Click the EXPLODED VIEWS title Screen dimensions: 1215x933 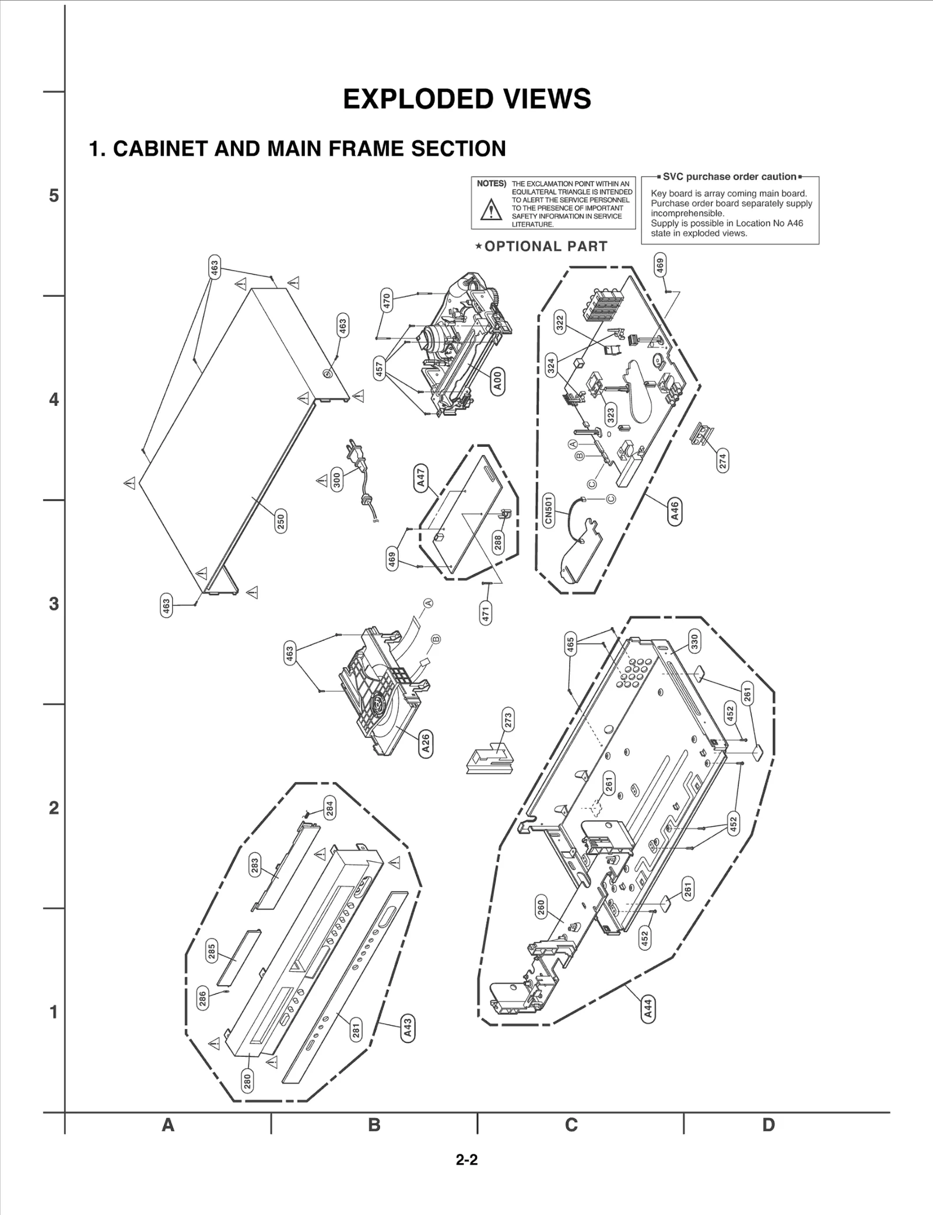coord(466,99)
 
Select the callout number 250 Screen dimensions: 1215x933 coord(281,520)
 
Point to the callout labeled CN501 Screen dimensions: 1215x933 coord(548,510)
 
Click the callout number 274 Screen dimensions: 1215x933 coord(722,461)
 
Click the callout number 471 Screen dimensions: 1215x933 coord(486,613)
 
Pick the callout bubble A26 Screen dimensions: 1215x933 coord(426,743)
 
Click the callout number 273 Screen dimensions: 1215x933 coord(508,720)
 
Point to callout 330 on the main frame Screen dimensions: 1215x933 coord(694,642)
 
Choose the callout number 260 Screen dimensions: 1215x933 coord(541,908)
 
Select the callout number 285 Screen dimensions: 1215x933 coord(212,951)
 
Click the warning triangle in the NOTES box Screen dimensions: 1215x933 coord(491,210)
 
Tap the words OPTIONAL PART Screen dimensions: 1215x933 coord(545,247)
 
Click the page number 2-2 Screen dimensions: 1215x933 coord(466,1160)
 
